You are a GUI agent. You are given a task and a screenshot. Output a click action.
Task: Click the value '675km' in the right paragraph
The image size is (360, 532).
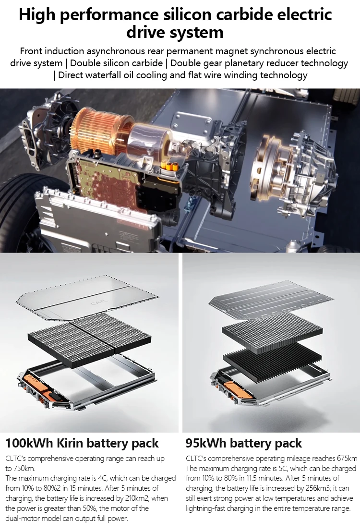pyautogui.click(x=348, y=458)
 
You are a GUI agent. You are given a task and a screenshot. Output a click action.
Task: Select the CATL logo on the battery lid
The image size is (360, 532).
pyautogui.click(x=97, y=302)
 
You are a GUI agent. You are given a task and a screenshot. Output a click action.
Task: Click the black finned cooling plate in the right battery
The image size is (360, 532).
pyautogui.click(x=269, y=360)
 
